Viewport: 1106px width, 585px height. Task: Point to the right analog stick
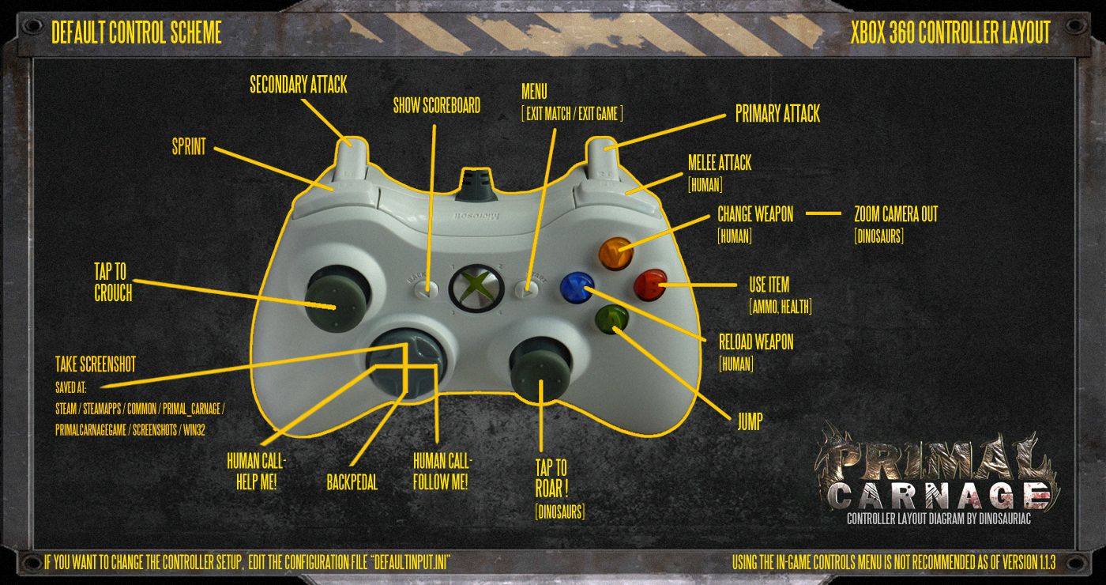(x=540, y=368)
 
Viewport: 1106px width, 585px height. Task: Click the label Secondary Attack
(x=298, y=85)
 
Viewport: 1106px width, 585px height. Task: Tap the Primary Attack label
(x=777, y=114)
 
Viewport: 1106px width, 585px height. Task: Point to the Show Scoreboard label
(x=436, y=106)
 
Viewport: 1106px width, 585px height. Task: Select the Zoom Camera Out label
(x=896, y=214)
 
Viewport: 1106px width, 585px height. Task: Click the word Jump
(x=749, y=421)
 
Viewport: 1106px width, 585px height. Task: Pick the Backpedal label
(x=352, y=481)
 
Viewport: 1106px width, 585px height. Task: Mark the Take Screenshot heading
(x=96, y=364)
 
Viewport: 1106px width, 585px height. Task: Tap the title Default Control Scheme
(x=136, y=32)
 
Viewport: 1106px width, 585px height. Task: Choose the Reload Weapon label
(x=755, y=342)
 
